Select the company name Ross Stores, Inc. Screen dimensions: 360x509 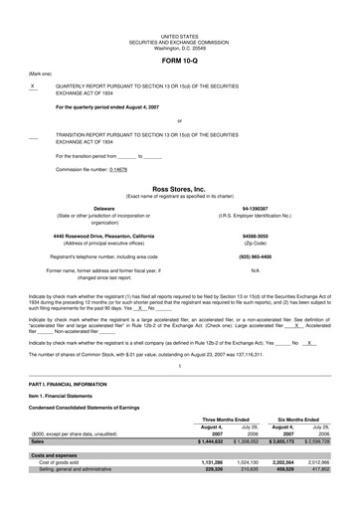pyautogui.click(x=180, y=187)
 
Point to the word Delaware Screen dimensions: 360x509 pyautogui.click(x=90, y=208)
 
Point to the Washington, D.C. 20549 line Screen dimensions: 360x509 pyautogui.click(x=180, y=44)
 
